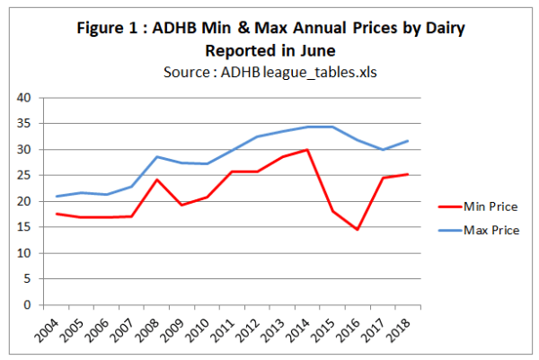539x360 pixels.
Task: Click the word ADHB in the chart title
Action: click(x=193, y=29)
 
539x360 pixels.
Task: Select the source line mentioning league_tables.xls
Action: click(x=269, y=72)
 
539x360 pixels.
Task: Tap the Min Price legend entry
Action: click(x=491, y=206)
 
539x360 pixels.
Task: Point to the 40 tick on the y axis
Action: click(x=24, y=98)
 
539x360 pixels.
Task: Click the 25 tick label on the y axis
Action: click(x=24, y=176)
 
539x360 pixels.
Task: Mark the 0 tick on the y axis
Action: click(x=28, y=305)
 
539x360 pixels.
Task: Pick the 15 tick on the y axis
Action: click(x=24, y=227)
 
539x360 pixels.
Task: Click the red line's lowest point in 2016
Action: click(x=359, y=230)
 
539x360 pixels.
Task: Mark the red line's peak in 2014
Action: click(x=308, y=150)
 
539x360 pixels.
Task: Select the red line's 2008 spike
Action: click(x=158, y=180)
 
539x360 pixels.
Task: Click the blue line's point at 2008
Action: click(x=158, y=157)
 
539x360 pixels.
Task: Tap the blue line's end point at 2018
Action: click(x=409, y=141)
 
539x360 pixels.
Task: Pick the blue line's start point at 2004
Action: click(x=56, y=197)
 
